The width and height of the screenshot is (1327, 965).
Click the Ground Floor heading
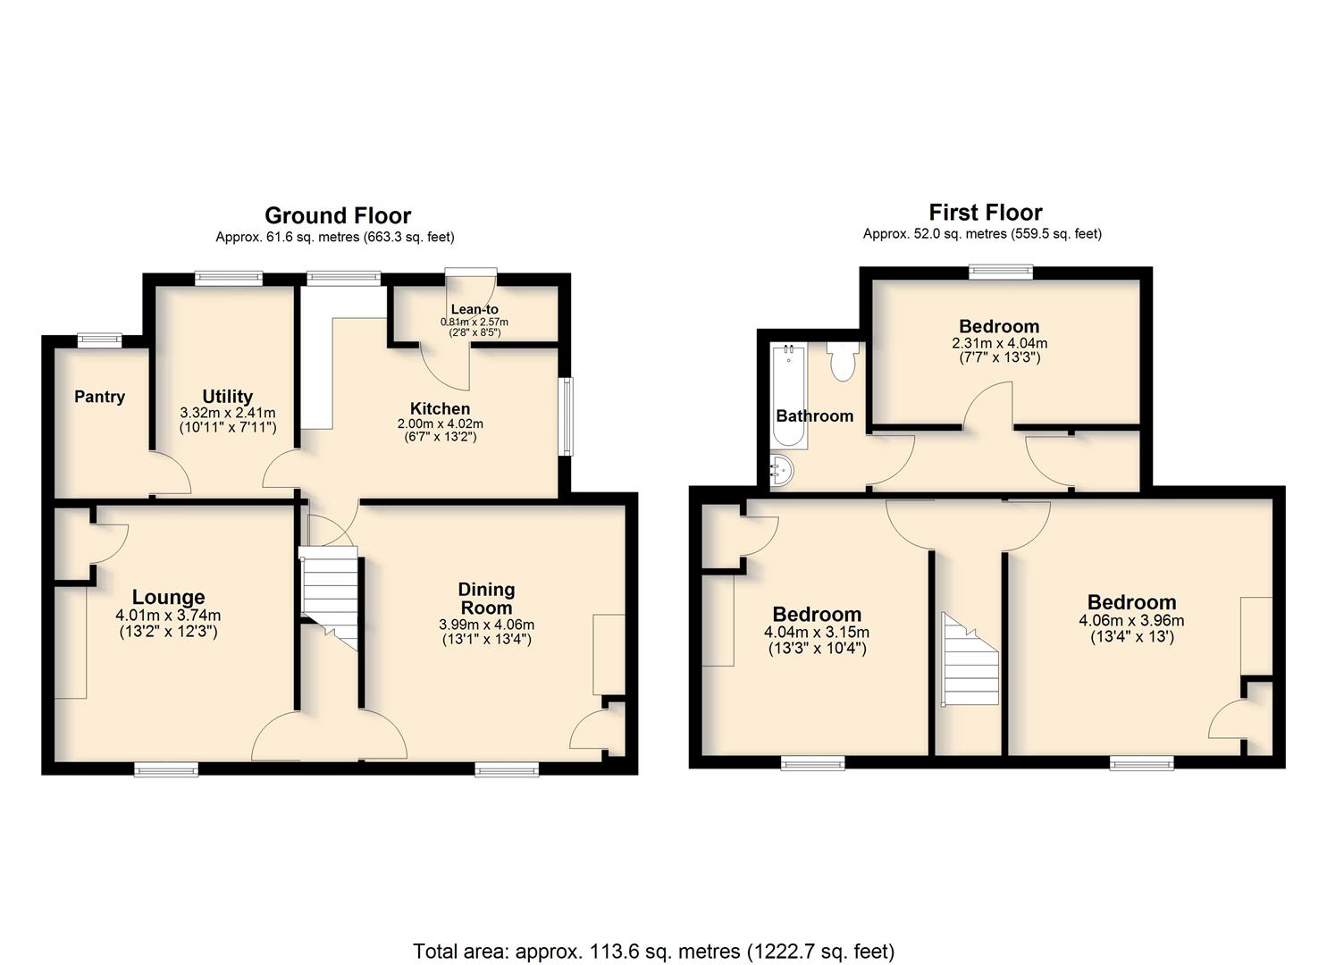tap(338, 215)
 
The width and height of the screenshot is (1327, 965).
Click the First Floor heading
tap(986, 212)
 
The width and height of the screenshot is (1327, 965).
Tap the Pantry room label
tap(99, 397)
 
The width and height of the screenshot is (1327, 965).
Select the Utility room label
tap(228, 396)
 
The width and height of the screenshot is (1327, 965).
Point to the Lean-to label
tap(475, 309)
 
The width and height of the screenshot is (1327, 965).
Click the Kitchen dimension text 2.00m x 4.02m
tap(441, 424)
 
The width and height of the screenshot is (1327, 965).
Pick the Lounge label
tap(168, 597)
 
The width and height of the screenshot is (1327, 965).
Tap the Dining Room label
tap(486, 599)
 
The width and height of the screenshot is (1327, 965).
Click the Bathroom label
tap(815, 415)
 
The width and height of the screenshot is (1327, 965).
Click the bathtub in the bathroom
tap(789, 397)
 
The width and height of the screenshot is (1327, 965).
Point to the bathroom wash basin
tap(782, 472)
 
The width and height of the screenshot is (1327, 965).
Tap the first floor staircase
tap(970, 659)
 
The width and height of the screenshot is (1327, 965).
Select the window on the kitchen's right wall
tap(567, 416)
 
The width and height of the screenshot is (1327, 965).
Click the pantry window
tap(99, 340)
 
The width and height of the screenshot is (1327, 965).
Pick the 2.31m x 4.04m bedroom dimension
tap(999, 343)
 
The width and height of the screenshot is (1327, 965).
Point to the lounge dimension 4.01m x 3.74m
tap(168, 617)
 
